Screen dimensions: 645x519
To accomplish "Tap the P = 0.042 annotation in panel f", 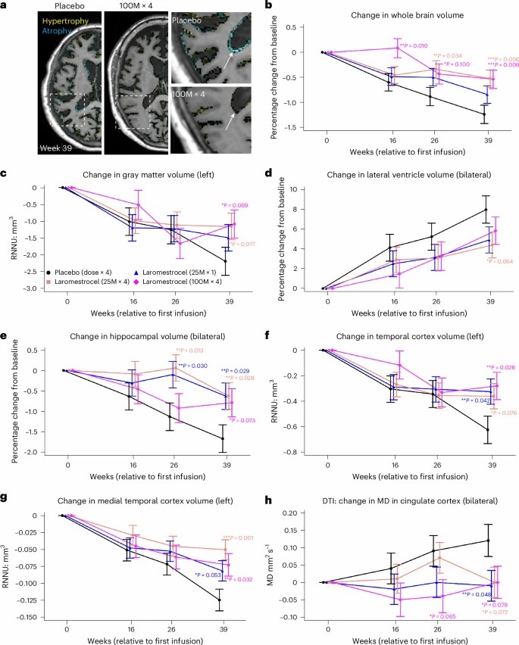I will coord(461,400).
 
